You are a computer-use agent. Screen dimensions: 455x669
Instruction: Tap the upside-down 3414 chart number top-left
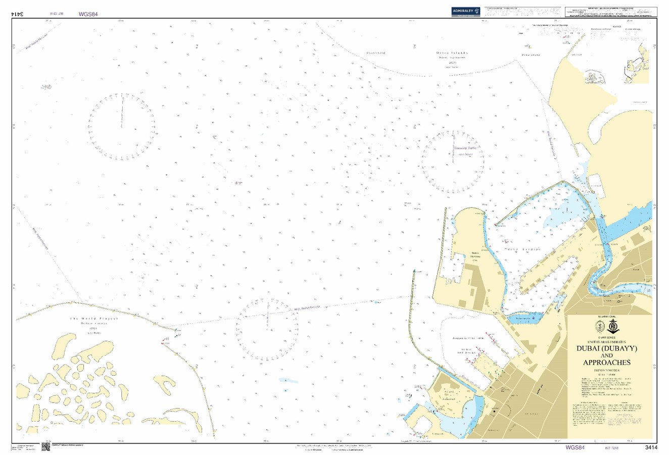click(19, 14)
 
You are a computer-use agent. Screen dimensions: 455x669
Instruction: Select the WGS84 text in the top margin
click(87, 14)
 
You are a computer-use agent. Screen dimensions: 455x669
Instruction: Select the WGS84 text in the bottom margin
click(575, 447)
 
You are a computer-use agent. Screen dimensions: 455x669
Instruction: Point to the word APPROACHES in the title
click(606, 362)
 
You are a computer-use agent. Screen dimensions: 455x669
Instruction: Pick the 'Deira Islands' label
click(452, 53)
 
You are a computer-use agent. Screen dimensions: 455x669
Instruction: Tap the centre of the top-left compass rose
click(122, 124)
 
